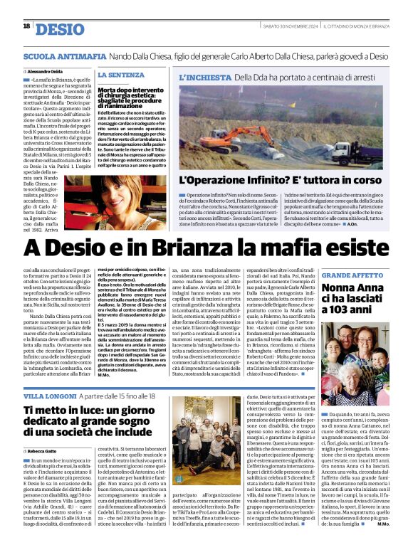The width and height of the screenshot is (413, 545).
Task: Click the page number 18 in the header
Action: [x=26, y=26]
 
